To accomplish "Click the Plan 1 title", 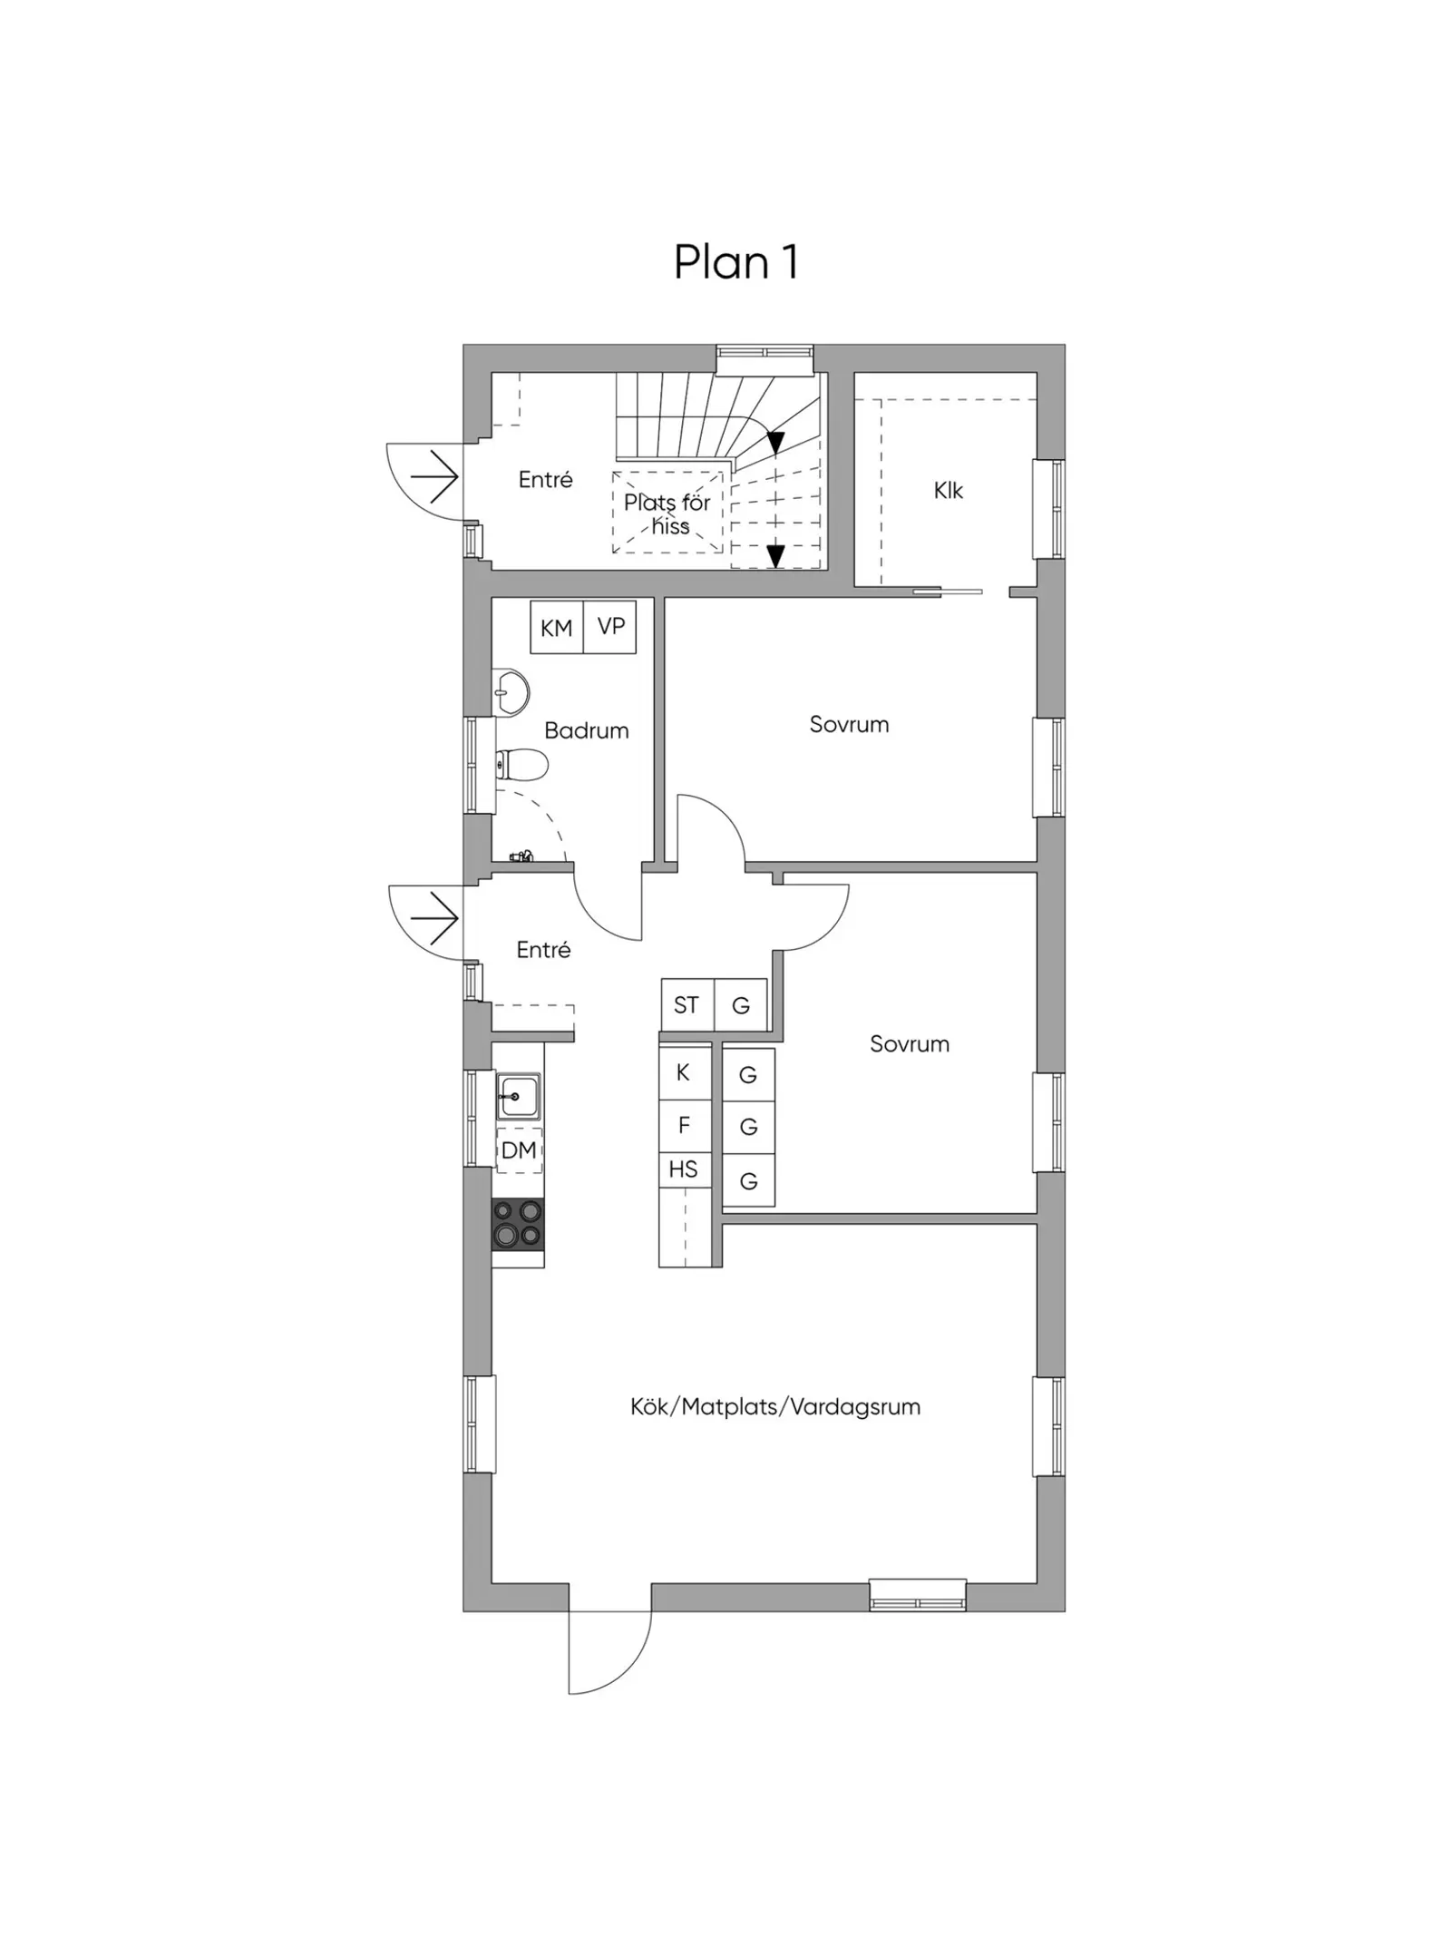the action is coord(735,262).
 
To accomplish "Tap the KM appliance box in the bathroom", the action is coord(557,627).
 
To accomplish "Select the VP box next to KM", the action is coord(610,627).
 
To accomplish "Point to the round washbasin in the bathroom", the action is coord(511,693).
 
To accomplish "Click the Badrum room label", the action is coord(587,730).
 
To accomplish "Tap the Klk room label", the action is coord(949,491).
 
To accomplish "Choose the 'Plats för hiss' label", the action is coord(668,514).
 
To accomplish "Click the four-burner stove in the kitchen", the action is coord(518,1225).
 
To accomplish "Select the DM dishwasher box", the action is coord(519,1149).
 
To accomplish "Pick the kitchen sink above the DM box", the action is coord(518,1096).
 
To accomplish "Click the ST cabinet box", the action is coord(687,1005).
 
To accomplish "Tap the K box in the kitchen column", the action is coord(684,1073).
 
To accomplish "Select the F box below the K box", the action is coord(684,1126).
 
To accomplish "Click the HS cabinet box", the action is coord(684,1170).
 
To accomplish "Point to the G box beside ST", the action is coord(741,1005).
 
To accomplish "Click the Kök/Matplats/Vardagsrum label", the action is coord(775,1407).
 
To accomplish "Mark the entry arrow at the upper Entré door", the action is coord(433,476).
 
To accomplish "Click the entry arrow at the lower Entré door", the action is coord(434,918).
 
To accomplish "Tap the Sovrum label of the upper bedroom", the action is coord(849,724).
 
